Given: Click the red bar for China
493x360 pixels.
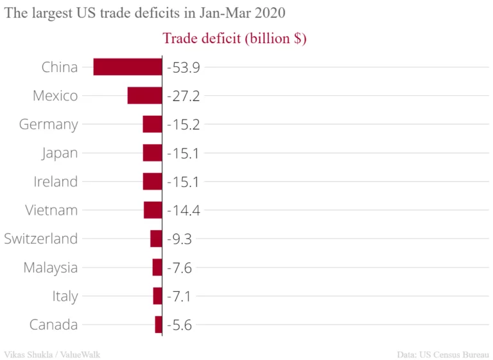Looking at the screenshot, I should pyautogui.click(x=128, y=67).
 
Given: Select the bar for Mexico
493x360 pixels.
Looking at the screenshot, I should pyautogui.click(x=144, y=96).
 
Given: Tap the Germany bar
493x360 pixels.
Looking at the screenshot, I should pyautogui.click(x=152, y=124).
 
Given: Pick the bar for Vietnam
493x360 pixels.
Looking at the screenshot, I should pyautogui.click(x=153, y=210).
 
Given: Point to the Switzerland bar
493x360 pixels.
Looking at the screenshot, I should pyautogui.click(x=156, y=239).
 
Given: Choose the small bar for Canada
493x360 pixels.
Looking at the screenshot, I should pyautogui.click(x=159, y=325).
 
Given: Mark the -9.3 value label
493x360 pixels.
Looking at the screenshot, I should pyautogui.click(x=179, y=239).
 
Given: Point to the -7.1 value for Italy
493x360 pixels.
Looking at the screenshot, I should pyautogui.click(x=179, y=296).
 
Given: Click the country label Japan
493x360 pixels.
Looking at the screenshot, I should pyautogui.click(x=60, y=153).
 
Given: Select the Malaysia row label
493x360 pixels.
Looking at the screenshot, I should pyautogui.click(x=51, y=267).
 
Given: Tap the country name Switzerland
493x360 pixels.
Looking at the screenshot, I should pyautogui.click(x=41, y=239).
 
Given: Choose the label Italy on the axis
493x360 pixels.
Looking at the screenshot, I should pyautogui.click(x=65, y=296).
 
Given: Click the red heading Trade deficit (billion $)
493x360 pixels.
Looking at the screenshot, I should pyautogui.click(x=234, y=39).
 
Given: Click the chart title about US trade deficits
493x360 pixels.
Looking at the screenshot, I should pyautogui.click(x=144, y=13).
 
